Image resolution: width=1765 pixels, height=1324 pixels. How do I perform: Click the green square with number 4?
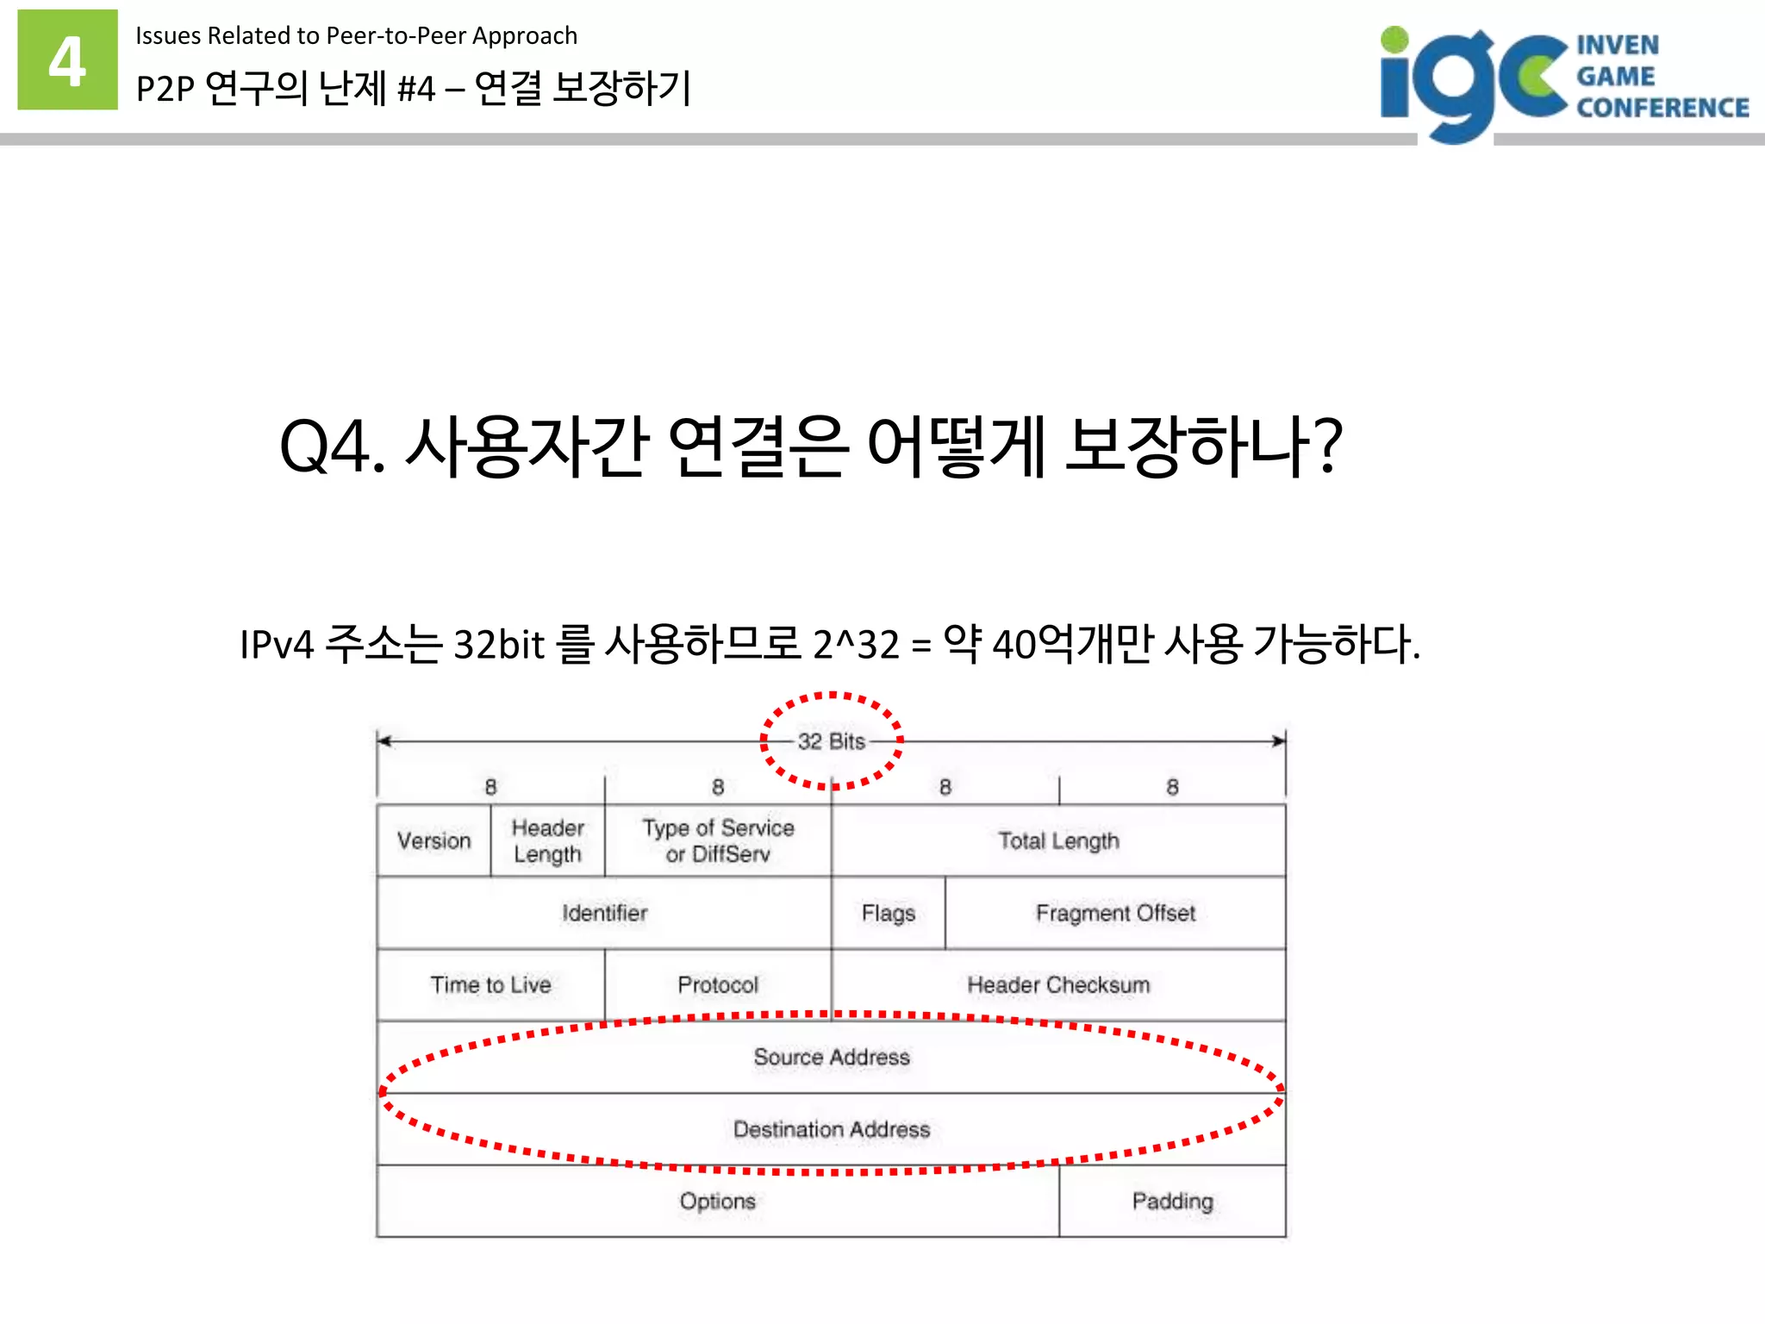coord(67,59)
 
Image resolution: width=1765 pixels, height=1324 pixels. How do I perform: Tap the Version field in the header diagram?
coord(433,840)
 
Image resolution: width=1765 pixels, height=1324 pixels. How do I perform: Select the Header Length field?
coord(547,840)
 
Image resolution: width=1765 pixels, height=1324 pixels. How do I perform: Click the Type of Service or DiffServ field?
coord(718,840)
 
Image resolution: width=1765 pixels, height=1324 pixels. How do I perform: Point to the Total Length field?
coord(1058,840)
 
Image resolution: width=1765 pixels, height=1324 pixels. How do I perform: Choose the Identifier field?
coord(604,913)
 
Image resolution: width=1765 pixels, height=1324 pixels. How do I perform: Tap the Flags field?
coord(888,913)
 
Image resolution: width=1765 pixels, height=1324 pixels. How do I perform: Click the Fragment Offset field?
coord(1115,913)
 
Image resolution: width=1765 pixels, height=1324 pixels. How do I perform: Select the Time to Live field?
coord(490,984)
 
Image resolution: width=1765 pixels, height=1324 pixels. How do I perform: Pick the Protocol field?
coord(718,984)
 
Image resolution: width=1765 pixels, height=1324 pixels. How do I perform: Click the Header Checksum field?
coord(1058,984)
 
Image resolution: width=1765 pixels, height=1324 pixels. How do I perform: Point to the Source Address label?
coord(832,1057)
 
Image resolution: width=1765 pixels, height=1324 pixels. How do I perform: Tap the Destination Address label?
coord(832,1129)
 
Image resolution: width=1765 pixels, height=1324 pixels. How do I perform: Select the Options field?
coord(717,1201)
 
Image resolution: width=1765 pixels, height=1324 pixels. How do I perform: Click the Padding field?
coord(1172,1201)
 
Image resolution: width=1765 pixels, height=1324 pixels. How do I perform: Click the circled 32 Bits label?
coord(831,741)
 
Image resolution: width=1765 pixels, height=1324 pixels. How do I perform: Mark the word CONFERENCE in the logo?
coord(1662,108)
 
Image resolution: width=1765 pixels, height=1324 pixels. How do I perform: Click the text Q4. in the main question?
coord(332,447)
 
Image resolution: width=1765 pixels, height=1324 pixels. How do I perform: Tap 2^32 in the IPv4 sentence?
coord(856,644)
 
